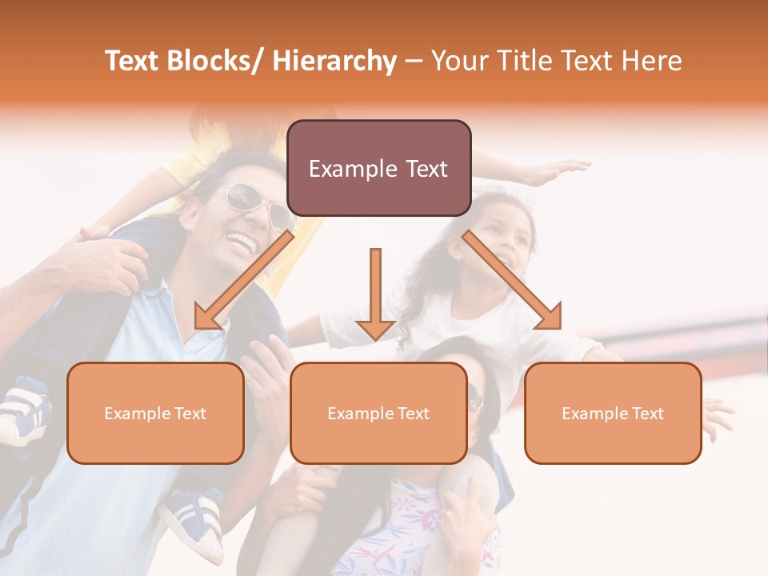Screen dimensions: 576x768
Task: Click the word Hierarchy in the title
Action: tap(334, 61)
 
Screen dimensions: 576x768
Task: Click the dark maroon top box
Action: tap(378, 168)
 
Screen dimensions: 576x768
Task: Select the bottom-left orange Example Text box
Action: tap(155, 413)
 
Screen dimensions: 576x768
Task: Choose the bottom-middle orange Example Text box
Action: tap(378, 413)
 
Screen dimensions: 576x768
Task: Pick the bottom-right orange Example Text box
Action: tap(613, 413)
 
